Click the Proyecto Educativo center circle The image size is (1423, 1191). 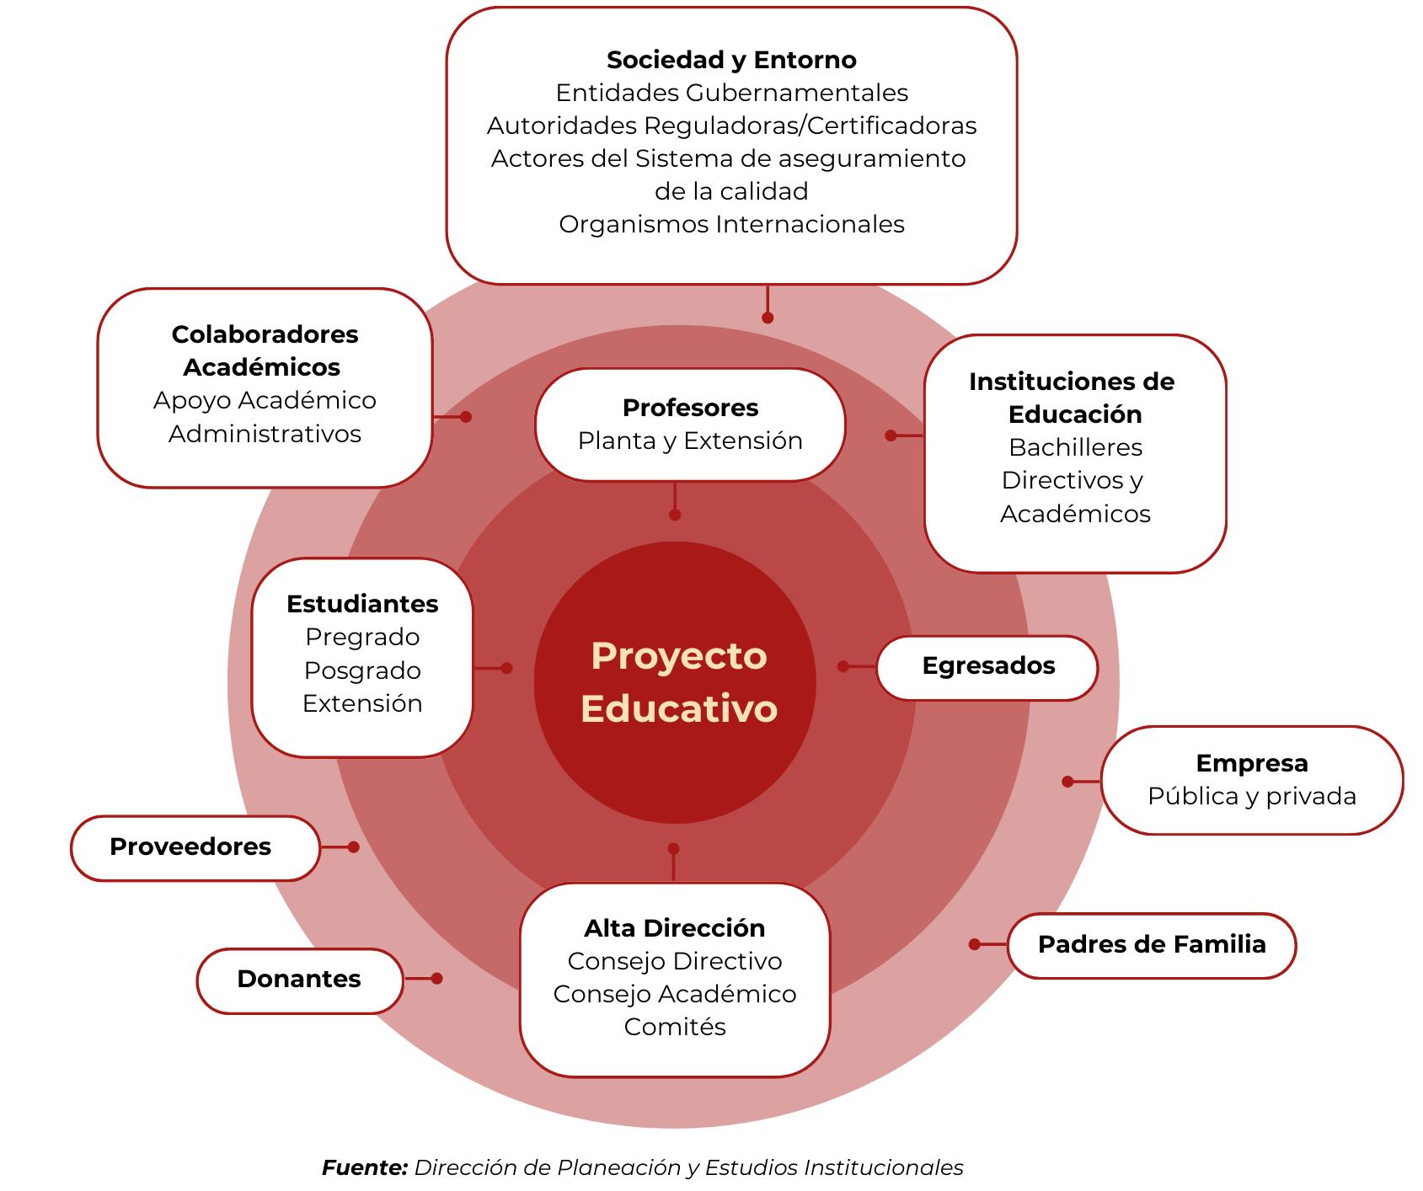(x=676, y=682)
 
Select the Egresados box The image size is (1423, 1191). (x=987, y=666)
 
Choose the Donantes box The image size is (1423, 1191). (x=299, y=980)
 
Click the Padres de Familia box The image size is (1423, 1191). (x=1151, y=945)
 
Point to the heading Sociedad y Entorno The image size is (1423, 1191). (x=731, y=61)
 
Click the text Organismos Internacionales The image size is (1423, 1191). (x=731, y=225)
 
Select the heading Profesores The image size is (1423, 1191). (x=690, y=409)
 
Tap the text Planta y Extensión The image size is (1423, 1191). (x=690, y=441)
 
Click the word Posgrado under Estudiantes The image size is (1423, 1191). (x=362, y=671)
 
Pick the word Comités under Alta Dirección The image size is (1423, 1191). (x=675, y=1028)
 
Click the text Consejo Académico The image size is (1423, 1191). (x=675, y=995)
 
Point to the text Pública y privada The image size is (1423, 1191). (x=1251, y=797)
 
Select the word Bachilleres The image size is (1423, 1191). (x=1075, y=448)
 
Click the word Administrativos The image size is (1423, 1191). (x=265, y=435)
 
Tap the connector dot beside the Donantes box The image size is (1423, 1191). (x=436, y=979)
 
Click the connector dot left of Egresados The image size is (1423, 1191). (x=843, y=666)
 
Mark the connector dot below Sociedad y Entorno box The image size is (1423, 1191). (x=768, y=318)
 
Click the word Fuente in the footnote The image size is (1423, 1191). (x=365, y=1168)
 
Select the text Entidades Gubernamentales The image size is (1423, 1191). (x=731, y=93)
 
